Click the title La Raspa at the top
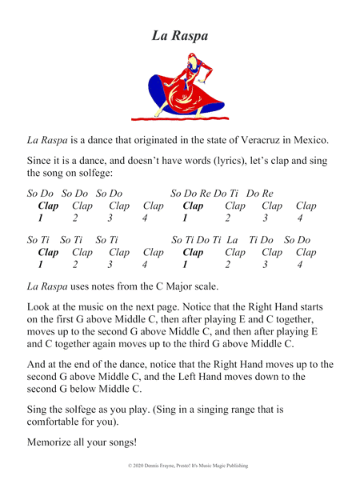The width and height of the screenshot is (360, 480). coord(179,35)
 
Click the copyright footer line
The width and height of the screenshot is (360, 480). coord(179,464)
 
